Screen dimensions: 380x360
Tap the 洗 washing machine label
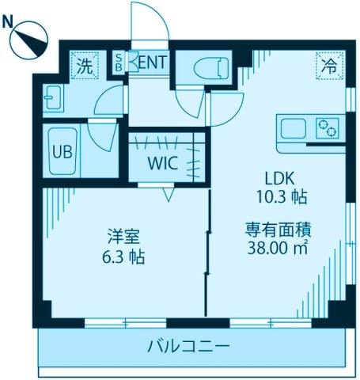pyautogui.click(x=84, y=66)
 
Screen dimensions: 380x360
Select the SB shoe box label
pyautogui.click(x=119, y=63)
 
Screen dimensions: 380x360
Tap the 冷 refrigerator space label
pyautogui.click(x=327, y=66)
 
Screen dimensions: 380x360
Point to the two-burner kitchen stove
pyautogui.click(x=328, y=127)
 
